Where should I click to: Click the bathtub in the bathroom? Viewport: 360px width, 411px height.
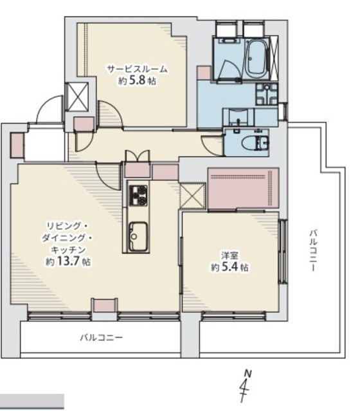256,58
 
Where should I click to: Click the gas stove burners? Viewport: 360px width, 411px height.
138,195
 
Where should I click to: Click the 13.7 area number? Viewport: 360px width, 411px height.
69,261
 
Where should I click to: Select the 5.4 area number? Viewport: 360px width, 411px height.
230,267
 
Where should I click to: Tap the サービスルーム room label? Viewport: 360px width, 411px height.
137,69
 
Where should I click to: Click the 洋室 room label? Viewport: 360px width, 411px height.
230,255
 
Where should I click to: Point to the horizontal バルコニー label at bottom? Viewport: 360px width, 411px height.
101,337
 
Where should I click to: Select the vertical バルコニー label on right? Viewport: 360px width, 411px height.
313,250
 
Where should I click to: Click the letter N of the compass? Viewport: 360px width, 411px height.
248,373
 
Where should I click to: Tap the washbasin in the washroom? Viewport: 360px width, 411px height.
238,118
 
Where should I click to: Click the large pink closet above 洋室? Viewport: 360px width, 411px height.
243,188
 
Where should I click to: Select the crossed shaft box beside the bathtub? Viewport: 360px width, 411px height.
274,58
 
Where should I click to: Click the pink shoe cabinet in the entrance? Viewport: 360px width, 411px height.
17,145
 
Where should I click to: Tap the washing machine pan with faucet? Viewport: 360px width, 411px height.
267,94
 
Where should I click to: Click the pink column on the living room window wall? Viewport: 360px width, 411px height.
104,305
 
